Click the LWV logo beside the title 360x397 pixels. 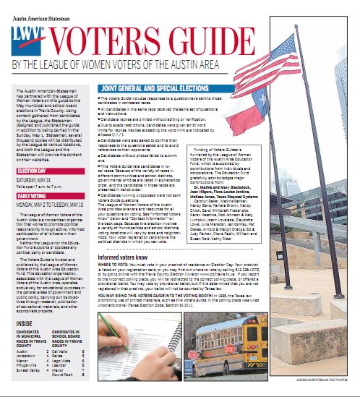26,38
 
